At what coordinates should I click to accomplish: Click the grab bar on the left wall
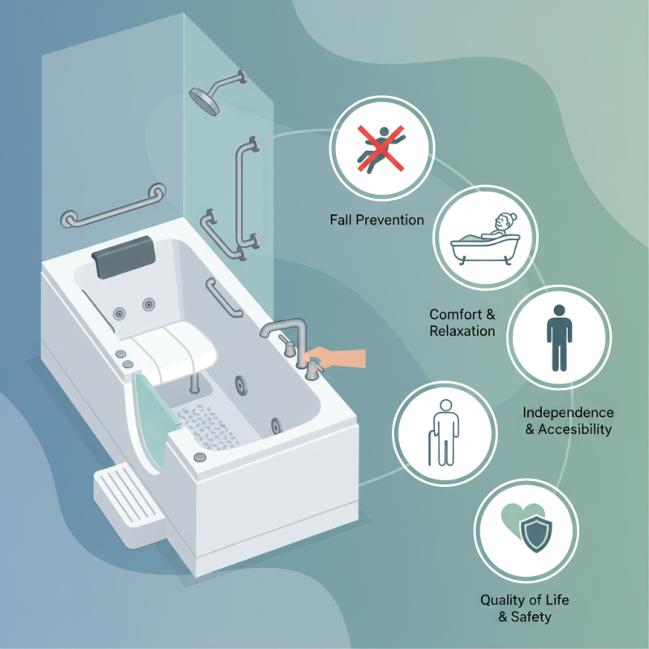coord(114,206)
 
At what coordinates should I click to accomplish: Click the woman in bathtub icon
coord(484,235)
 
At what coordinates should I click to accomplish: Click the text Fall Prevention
coord(376,220)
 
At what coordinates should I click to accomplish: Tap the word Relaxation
coord(462,331)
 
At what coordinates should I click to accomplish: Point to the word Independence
coord(568,413)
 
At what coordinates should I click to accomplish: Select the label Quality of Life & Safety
coord(525,608)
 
